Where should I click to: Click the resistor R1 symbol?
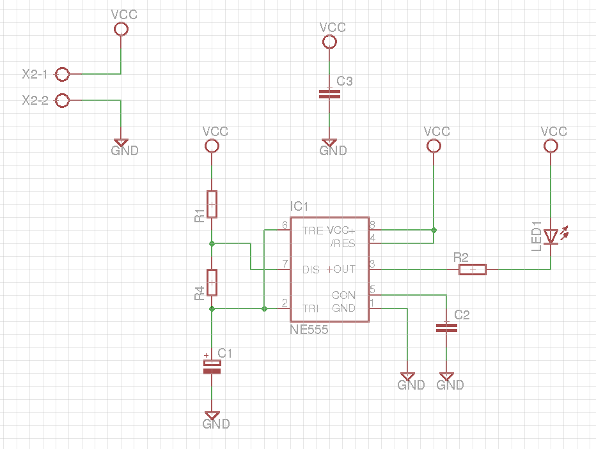coord(212,204)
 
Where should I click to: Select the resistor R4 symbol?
coord(212,282)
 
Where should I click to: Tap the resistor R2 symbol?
coord(472,270)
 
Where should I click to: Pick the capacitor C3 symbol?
coord(329,94)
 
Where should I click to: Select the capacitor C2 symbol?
coord(446,328)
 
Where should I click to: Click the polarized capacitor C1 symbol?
coord(212,367)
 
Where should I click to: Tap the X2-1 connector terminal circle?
coord(62,75)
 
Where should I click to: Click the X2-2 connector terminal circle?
coord(62,101)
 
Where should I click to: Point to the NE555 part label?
coord(309,330)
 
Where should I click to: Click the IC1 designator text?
coord(299,207)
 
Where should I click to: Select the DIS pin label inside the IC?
coord(311,270)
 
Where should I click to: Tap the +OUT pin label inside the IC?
coord(341,270)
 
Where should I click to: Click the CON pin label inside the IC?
coord(343,295)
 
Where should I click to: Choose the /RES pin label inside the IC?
coord(343,243)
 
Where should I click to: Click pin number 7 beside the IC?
coord(285,264)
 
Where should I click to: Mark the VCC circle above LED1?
coord(550,146)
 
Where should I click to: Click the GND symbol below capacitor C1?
coord(212,416)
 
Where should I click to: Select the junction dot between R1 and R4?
coord(212,243)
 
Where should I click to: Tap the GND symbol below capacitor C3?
coord(329,144)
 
